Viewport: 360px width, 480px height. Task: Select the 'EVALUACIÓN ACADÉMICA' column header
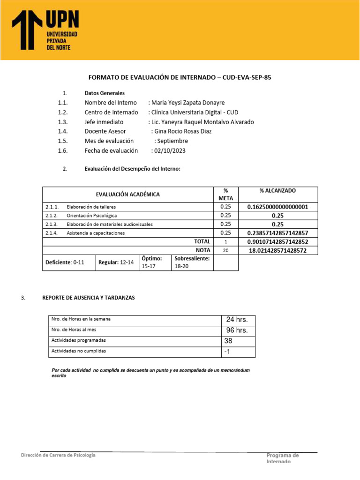tap(127, 194)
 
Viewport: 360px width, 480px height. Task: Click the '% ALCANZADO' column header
tap(277, 191)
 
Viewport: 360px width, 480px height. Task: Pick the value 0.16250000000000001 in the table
tap(277, 207)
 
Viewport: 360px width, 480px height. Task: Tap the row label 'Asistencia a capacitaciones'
tap(96, 233)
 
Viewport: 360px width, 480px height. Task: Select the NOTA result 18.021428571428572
tap(277, 250)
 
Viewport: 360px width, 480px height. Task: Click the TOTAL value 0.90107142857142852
tap(277, 241)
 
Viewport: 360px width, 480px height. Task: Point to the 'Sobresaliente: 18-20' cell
tap(192, 262)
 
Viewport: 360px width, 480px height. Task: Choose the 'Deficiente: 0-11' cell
tap(68, 262)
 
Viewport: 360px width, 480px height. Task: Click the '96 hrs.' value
tap(237, 330)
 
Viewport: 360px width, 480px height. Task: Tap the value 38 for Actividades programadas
tap(229, 341)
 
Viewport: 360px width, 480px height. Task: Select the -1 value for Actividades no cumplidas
tap(228, 352)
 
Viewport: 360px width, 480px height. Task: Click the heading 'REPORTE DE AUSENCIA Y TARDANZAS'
tap(88, 298)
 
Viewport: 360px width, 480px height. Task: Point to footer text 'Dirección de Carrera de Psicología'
tap(59, 455)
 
